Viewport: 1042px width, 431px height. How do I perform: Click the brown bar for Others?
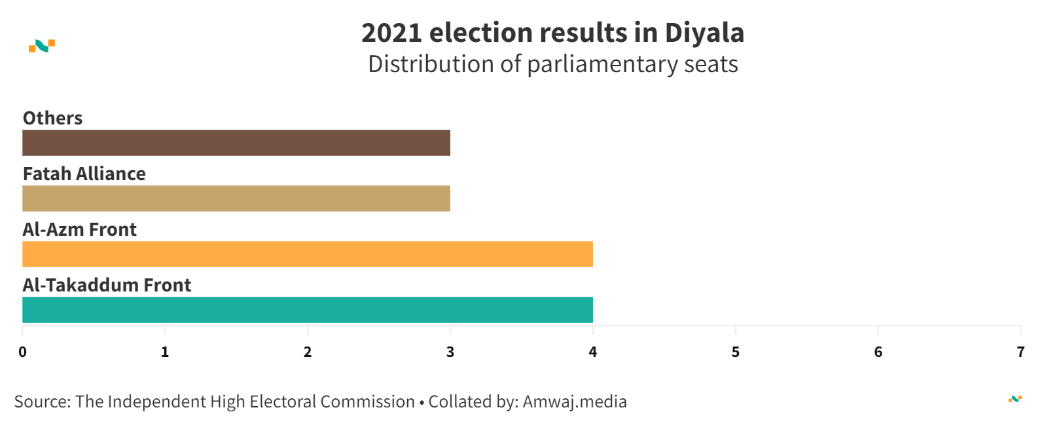point(236,143)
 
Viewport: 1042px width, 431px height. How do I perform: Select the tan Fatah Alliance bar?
point(236,198)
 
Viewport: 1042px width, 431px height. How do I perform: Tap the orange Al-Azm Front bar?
point(308,254)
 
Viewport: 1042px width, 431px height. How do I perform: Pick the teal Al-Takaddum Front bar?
point(308,310)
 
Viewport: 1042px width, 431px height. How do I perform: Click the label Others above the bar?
point(53,118)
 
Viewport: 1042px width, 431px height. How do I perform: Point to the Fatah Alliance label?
point(84,174)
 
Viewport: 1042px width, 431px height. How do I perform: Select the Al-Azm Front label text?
point(80,229)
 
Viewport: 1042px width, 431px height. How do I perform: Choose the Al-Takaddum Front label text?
point(107,285)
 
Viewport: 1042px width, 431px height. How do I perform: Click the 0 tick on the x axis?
point(23,352)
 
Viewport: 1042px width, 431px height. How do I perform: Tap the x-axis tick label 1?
point(165,352)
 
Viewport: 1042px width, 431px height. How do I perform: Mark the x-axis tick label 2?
point(308,352)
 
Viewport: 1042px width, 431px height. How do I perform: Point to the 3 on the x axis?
point(450,352)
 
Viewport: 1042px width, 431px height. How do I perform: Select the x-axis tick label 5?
point(736,352)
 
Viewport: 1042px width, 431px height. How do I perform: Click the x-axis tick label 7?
point(1020,352)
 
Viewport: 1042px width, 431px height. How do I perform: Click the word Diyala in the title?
point(704,33)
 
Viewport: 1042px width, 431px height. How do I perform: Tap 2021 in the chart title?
point(391,33)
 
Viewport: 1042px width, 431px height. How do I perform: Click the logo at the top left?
point(42,46)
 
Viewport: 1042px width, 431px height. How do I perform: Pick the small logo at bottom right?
point(1015,399)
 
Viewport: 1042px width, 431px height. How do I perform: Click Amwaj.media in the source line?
point(575,402)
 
